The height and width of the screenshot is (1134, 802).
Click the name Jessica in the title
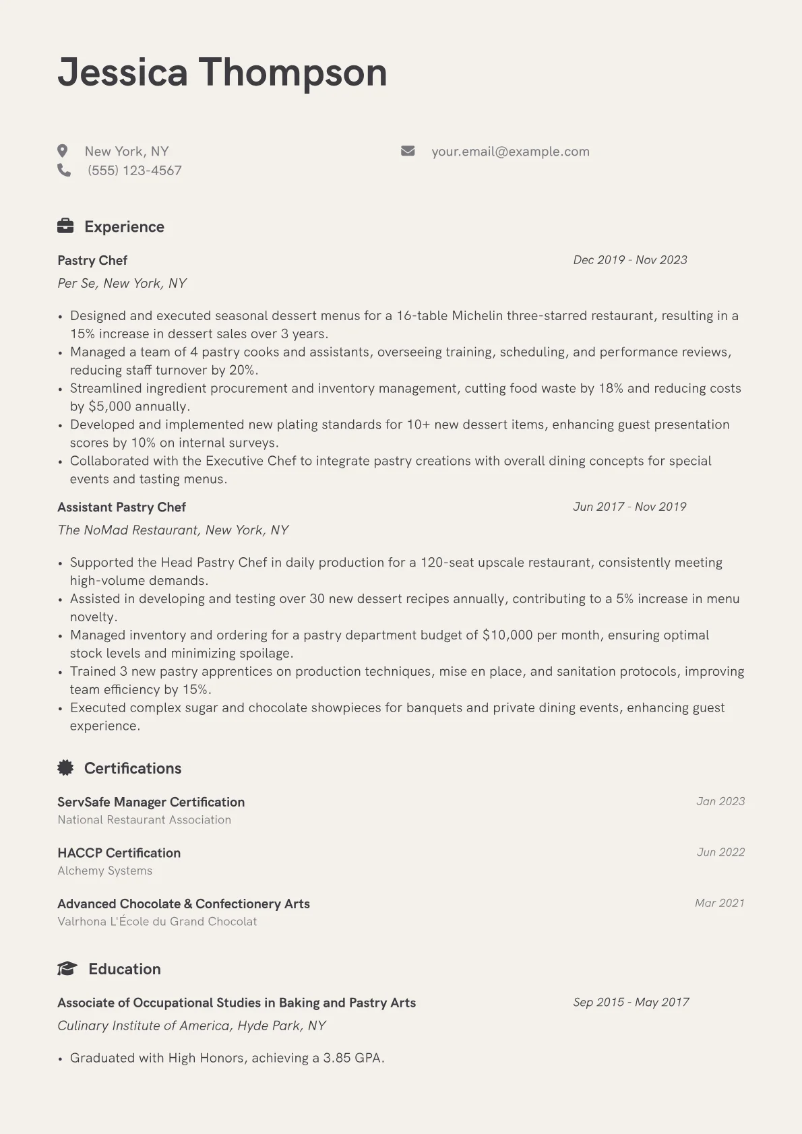pos(122,73)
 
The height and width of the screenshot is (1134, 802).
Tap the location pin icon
pos(63,151)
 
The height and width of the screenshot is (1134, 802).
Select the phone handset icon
pos(64,170)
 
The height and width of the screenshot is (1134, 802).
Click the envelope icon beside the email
pos(408,151)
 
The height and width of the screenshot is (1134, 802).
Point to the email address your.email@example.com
pos(510,152)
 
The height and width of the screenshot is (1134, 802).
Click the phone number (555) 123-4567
pos(135,170)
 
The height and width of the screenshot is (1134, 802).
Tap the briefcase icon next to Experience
pos(65,226)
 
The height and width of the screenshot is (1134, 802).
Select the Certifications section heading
pos(133,768)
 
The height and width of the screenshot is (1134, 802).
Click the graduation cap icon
pos(67,969)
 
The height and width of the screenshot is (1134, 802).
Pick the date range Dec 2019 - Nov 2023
pos(630,260)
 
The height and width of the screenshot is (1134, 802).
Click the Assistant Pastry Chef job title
pos(121,507)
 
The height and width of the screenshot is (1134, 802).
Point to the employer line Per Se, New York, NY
pos(122,283)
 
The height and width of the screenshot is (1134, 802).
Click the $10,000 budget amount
pos(507,635)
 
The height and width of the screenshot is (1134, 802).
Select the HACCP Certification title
pos(119,852)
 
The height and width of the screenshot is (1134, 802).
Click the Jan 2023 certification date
pos(720,801)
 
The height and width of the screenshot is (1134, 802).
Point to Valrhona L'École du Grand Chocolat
pos(157,921)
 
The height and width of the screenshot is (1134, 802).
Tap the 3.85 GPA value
pos(337,1058)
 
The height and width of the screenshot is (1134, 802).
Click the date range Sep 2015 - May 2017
pos(631,1002)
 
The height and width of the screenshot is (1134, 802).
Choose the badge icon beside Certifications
pos(65,767)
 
